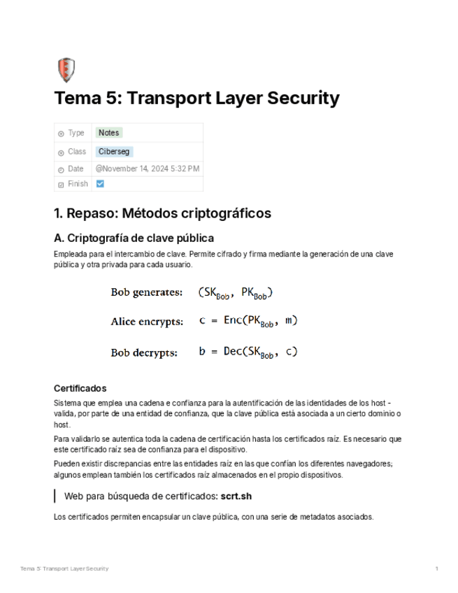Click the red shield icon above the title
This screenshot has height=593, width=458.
coord(65,70)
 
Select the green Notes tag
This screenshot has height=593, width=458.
coord(108,133)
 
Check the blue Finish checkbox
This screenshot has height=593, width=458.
coord(100,184)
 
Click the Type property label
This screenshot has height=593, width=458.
coord(76,133)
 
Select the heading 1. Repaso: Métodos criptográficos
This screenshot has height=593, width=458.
coord(162,213)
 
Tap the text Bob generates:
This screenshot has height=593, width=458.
coord(147,292)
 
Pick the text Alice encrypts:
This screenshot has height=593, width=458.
coord(147,322)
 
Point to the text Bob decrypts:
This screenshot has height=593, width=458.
coord(144,352)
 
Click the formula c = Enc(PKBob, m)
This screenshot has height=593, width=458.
coord(248,322)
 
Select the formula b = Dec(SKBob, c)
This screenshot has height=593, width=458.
coord(248,352)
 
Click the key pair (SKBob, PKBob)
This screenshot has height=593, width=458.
coord(235,293)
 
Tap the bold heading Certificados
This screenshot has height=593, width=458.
coord(80,389)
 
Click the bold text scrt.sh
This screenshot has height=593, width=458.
coord(236,496)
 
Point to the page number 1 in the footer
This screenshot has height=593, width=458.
coord(436,569)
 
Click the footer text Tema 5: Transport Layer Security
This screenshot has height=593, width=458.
coord(64,569)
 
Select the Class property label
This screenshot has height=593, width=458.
coord(77,151)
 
